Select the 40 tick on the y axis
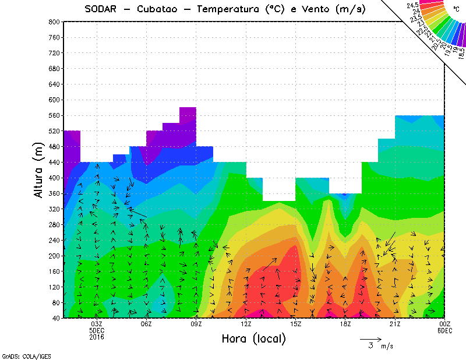coord(55,318)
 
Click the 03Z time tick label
coord(97,324)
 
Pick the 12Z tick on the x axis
coord(246,324)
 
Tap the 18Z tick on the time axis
coord(345,324)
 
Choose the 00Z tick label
coord(445,324)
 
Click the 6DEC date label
coord(445,330)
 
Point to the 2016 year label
coord(97,337)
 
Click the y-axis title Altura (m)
coord(39,170)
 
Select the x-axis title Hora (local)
coord(253,338)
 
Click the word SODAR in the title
coord(101,9)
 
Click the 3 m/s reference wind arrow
coord(370,338)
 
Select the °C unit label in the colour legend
coord(456,9)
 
